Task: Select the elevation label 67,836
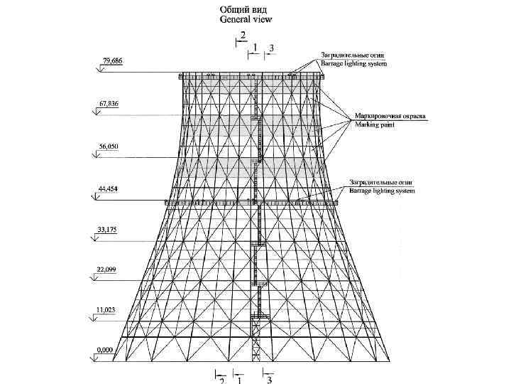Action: pos(109,104)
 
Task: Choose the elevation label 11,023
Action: pos(109,310)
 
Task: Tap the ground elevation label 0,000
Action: pos(106,349)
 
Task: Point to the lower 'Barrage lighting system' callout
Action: pos(382,191)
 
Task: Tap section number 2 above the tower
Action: pos(243,35)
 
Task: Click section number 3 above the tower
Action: pos(271,47)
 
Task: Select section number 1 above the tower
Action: pos(255,46)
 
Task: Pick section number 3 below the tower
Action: pos(270,380)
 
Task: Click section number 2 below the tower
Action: pos(221,380)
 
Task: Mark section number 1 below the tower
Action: pos(239,380)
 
